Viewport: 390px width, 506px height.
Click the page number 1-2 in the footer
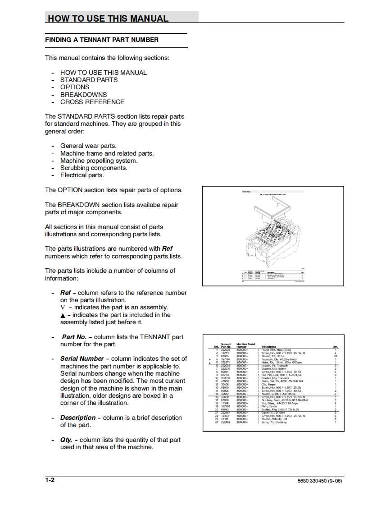tap(50, 480)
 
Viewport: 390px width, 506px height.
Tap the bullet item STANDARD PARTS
tap(89, 80)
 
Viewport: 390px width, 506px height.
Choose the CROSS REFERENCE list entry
tap(92, 102)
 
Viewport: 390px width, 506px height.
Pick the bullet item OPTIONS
tap(75, 87)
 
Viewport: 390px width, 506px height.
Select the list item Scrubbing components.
tap(94, 168)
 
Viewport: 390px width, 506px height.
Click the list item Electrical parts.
tap(82, 175)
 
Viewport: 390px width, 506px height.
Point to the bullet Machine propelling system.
tap(99, 161)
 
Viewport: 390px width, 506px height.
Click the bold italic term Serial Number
tap(82, 359)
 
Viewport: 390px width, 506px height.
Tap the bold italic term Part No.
tap(74, 337)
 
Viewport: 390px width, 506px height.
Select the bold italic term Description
tap(77, 418)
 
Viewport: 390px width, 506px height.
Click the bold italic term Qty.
tap(66, 440)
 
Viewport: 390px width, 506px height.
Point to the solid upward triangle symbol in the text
tap(63, 315)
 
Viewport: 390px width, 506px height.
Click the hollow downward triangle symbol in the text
tap(63, 308)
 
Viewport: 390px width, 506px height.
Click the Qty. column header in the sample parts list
tap(335, 347)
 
